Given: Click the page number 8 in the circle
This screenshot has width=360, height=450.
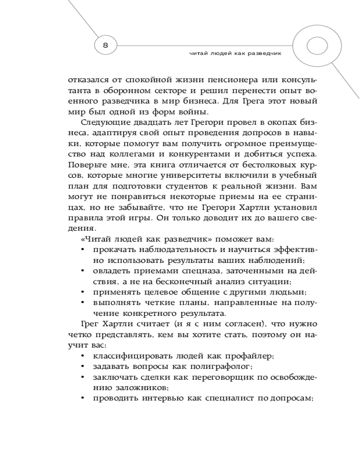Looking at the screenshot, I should tap(105, 45).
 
